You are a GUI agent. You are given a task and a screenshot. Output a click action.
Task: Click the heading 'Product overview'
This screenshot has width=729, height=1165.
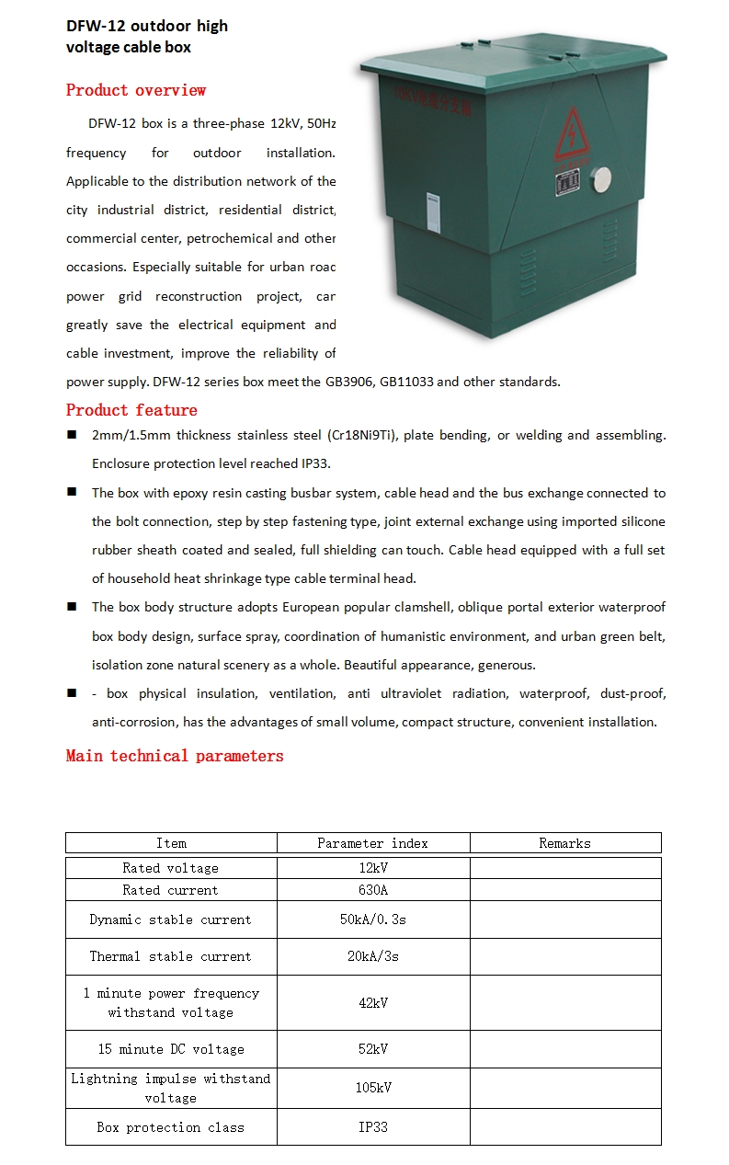point(136,90)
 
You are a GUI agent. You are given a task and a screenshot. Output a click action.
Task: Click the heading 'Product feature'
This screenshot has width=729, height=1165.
point(131,410)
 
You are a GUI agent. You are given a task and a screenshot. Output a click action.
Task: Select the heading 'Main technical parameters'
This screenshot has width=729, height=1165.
point(175,756)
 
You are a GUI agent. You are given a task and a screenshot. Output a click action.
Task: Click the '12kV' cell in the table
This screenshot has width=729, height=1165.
point(373,868)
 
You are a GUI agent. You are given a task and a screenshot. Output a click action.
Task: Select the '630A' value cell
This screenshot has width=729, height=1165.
point(373,890)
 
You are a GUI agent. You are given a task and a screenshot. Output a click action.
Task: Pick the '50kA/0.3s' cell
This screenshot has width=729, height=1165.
point(373,919)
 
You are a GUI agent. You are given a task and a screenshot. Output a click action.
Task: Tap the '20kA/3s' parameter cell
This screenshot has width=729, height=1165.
point(373,956)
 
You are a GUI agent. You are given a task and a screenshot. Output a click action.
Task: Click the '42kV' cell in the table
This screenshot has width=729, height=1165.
point(373,1002)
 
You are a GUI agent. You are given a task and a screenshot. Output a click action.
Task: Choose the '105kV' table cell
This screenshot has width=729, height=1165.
point(373,1088)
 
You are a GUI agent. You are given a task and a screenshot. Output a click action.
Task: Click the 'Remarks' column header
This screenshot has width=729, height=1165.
point(564,843)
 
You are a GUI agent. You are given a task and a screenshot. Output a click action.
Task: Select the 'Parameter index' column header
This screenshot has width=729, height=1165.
point(372,843)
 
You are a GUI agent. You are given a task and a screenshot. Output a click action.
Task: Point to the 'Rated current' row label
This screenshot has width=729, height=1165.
point(171,890)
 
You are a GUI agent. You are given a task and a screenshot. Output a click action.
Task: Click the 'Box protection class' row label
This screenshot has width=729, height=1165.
point(171,1127)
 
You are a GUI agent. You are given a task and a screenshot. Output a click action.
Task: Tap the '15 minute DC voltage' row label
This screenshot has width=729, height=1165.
point(171,1049)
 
